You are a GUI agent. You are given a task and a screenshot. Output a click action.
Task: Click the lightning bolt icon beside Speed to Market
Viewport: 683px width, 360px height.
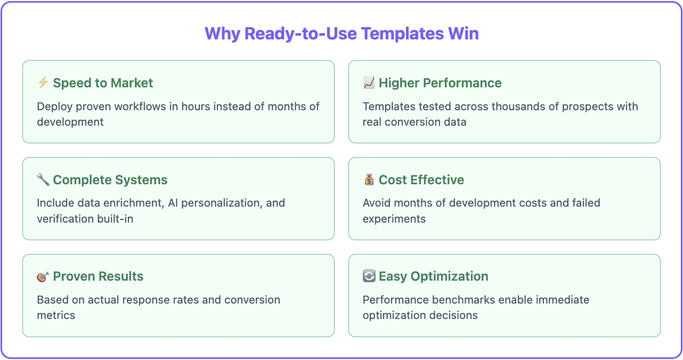[43, 83]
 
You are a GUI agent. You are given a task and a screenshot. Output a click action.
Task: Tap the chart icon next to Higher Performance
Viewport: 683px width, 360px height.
[369, 83]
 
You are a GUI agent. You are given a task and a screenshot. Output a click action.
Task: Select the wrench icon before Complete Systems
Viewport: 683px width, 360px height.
[43, 180]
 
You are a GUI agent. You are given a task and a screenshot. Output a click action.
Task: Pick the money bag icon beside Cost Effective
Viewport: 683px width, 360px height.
[369, 180]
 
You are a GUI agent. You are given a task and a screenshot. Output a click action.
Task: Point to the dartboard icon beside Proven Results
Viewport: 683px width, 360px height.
[43, 277]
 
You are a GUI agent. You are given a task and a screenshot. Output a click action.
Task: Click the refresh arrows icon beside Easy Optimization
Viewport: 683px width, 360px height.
[369, 276]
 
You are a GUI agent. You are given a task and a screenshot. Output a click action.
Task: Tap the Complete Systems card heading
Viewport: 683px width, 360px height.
[110, 180]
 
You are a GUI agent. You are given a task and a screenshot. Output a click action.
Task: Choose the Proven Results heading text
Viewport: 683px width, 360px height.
[98, 276]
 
